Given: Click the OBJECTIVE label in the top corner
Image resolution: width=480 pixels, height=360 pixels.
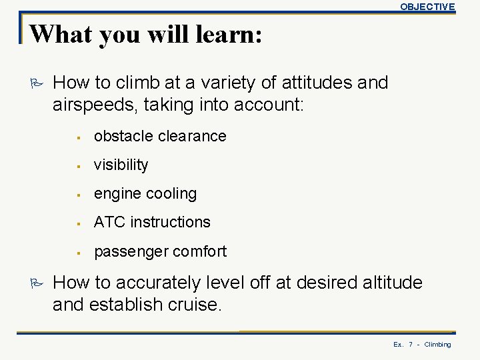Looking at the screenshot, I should tap(427, 7).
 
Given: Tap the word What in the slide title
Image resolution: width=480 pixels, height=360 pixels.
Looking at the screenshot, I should tap(59, 34).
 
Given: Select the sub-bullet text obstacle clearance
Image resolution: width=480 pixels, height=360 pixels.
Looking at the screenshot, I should tap(160, 136).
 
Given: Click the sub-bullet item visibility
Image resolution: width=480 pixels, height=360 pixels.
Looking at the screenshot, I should tap(121, 165).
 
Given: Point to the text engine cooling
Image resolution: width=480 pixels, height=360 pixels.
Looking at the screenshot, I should tap(145, 193).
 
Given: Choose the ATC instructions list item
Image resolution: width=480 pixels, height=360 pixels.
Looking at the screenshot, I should tap(152, 222).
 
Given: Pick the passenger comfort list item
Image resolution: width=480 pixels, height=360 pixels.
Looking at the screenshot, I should tap(160, 251).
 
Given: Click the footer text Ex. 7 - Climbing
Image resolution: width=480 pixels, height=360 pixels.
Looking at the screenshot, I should tap(422, 345).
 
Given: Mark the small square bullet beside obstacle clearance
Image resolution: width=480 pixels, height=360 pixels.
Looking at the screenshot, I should tap(79, 137).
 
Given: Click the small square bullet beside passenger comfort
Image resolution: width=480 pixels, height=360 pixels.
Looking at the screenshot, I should tap(79, 252).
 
